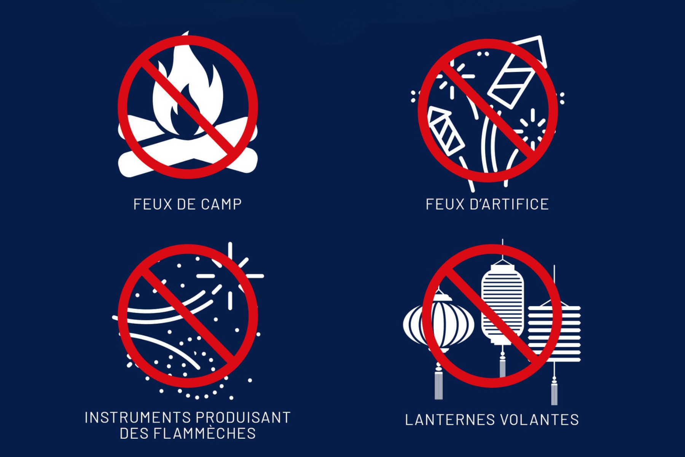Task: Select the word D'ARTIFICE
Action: (509, 205)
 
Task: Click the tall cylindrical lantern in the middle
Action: (502, 301)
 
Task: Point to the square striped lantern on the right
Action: (554, 331)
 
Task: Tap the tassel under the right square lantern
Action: (554, 390)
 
